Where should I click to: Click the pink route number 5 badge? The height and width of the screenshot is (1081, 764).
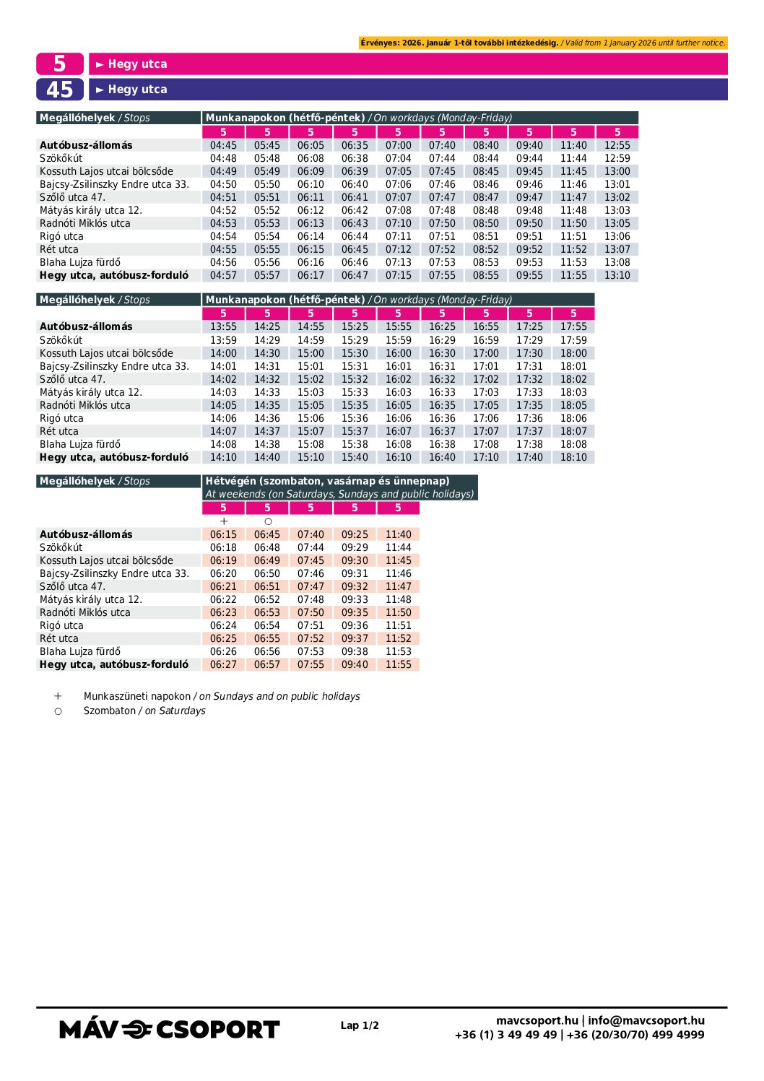[x=60, y=64]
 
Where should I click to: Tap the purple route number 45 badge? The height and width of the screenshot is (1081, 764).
[x=60, y=90]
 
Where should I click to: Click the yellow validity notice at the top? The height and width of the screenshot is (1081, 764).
[x=543, y=43]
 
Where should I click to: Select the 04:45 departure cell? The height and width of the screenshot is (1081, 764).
[x=223, y=145]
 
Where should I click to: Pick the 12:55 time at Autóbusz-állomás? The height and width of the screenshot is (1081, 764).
[x=617, y=145]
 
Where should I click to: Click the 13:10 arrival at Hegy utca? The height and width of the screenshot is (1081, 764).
[x=617, y=275]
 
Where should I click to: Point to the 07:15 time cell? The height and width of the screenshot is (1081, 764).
[x=398, y=275]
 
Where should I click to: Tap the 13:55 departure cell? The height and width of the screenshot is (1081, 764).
[x=223, y=326]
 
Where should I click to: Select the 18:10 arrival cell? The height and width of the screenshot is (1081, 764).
[x=573, y=457]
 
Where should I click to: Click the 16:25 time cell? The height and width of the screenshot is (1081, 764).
[x=442, y=326]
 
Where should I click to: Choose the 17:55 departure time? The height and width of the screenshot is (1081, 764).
[x=573, y=326]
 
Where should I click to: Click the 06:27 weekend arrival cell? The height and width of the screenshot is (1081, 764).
[x=223, y=664]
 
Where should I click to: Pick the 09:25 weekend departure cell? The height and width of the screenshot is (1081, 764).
[x=355, y=534]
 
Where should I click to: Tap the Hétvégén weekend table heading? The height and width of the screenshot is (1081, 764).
[x=327, y=481]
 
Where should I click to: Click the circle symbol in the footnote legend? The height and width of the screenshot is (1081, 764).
[x=58, y=711]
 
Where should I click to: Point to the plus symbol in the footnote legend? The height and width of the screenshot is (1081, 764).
[x=58, y=696]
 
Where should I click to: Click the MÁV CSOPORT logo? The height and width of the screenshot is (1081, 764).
[x=169, y=1029]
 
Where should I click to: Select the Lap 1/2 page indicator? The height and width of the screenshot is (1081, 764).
[x=360, y=1025]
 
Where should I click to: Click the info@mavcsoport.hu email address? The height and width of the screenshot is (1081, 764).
[x=646, y=1020]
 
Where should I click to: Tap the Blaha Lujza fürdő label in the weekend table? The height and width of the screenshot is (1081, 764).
[x=80, y=651]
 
